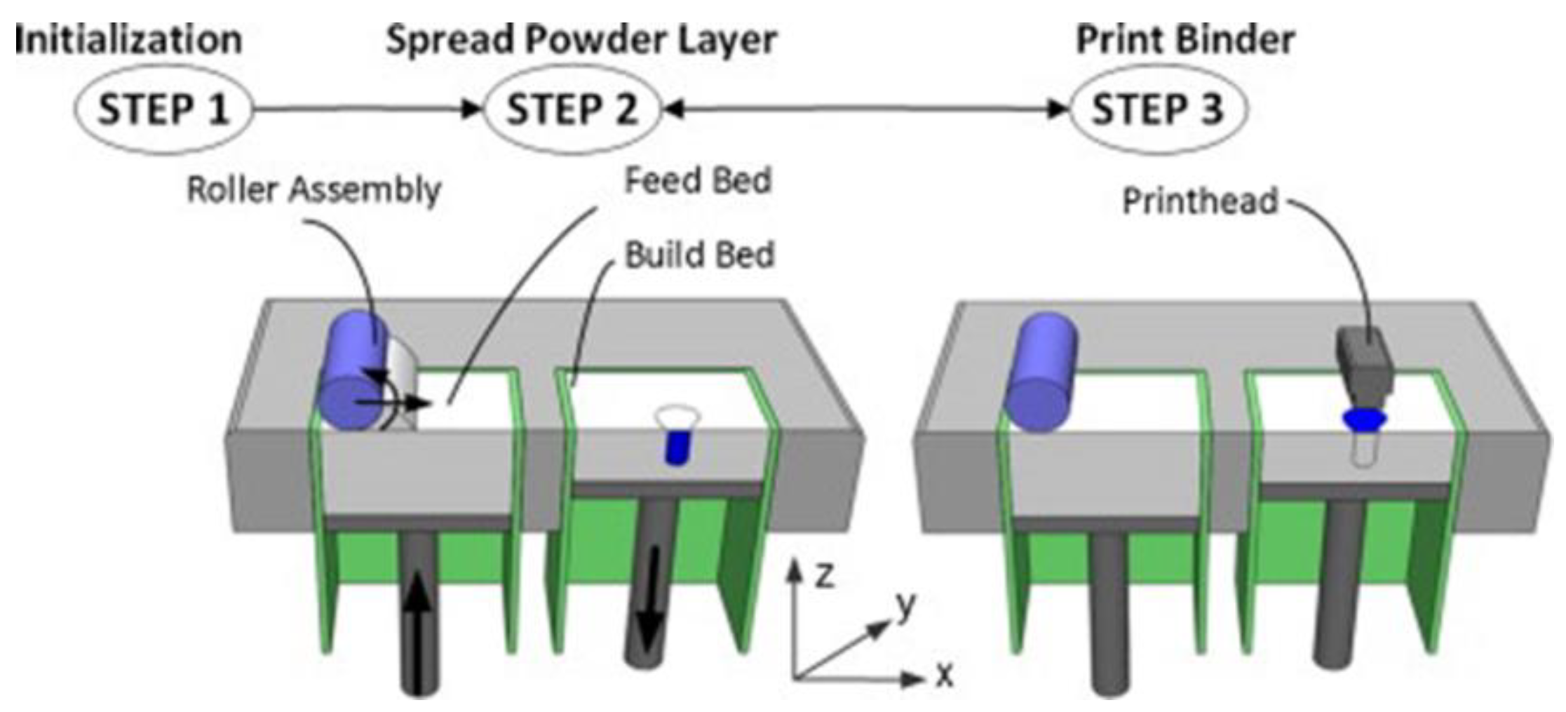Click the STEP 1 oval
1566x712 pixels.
163,109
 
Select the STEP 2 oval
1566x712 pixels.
572,109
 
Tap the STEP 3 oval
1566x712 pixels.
1157,109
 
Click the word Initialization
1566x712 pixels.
128,39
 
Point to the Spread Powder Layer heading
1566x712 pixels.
581,39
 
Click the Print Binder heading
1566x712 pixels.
1185,39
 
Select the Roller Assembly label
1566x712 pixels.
313,189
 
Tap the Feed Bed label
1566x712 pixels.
698,180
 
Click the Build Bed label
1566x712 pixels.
699,255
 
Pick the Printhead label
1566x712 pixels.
1200,201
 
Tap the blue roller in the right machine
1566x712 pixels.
1041,372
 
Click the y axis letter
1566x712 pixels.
905,605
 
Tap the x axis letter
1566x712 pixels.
945,676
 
